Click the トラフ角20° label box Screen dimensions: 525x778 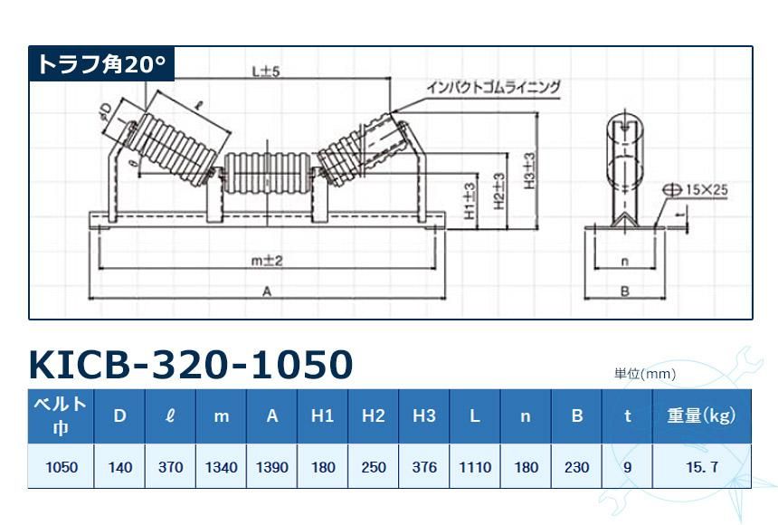pos(100,64)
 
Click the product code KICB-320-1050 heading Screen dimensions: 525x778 pos(191,364)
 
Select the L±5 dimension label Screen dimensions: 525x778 pos(265,71)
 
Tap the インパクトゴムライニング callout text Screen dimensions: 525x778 pos(494,87)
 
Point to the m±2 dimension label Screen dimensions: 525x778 pos(268,260)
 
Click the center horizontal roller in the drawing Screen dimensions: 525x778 pos(268,172)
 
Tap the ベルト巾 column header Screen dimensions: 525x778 pos(60,415)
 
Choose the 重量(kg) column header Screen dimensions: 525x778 pos(701,415)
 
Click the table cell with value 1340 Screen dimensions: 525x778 pos(222,467)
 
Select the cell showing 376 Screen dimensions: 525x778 pos(424,467)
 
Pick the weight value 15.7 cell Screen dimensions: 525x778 pos(701,467)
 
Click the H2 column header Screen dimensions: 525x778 pos(374,415)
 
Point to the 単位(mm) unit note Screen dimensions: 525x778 pos(645,373)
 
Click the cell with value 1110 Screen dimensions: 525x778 pos(475,467)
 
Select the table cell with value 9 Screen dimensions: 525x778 pos(627,467)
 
